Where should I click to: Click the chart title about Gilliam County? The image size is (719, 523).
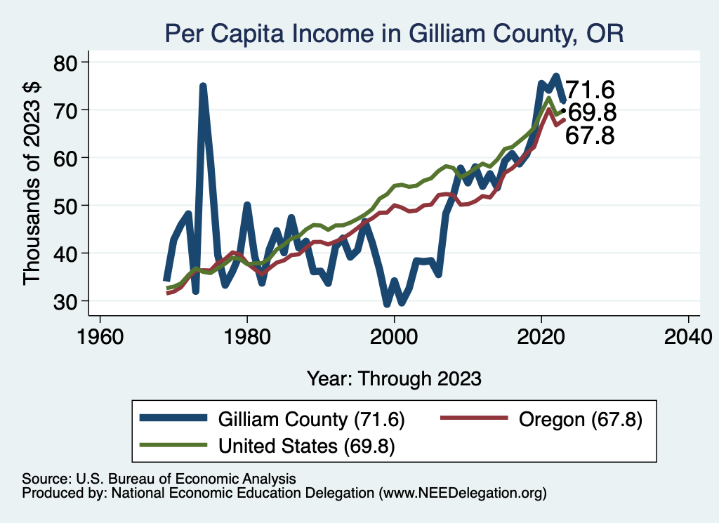point(394,33)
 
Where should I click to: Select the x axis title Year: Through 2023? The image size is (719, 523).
point(394,378)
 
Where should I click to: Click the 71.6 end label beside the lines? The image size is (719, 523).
point(590,90)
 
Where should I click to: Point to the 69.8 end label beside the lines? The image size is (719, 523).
point(591,112)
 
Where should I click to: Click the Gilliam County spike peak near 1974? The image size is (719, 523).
point(203,86)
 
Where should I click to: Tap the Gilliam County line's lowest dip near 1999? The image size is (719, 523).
point(387,304)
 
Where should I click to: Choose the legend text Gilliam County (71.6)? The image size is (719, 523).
point(311,419)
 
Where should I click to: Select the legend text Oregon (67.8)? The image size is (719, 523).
point(579,419)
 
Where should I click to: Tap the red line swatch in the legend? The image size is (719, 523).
point(474,418)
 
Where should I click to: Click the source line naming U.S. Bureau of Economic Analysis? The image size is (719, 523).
point(159,478)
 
